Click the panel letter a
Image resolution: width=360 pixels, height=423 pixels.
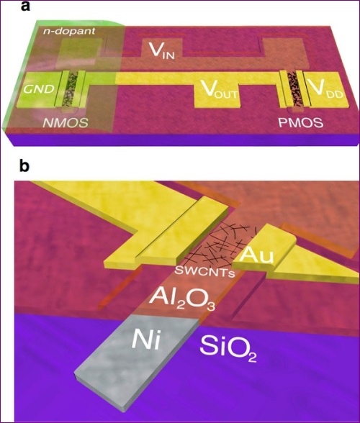pos(25,6)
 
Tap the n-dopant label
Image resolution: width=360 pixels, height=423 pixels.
pos(69,31)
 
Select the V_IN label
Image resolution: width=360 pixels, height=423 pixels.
pos(162,50)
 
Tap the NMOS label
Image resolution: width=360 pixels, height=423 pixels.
pos(66,123)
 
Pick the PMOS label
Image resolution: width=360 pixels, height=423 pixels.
pos(300,123)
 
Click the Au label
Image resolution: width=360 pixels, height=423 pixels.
pos(256,256)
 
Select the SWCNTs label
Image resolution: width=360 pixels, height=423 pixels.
pos(204,272)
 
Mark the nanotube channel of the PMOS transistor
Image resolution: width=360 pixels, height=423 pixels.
pos(293,88)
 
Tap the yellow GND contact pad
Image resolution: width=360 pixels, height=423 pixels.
pos(38,89)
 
